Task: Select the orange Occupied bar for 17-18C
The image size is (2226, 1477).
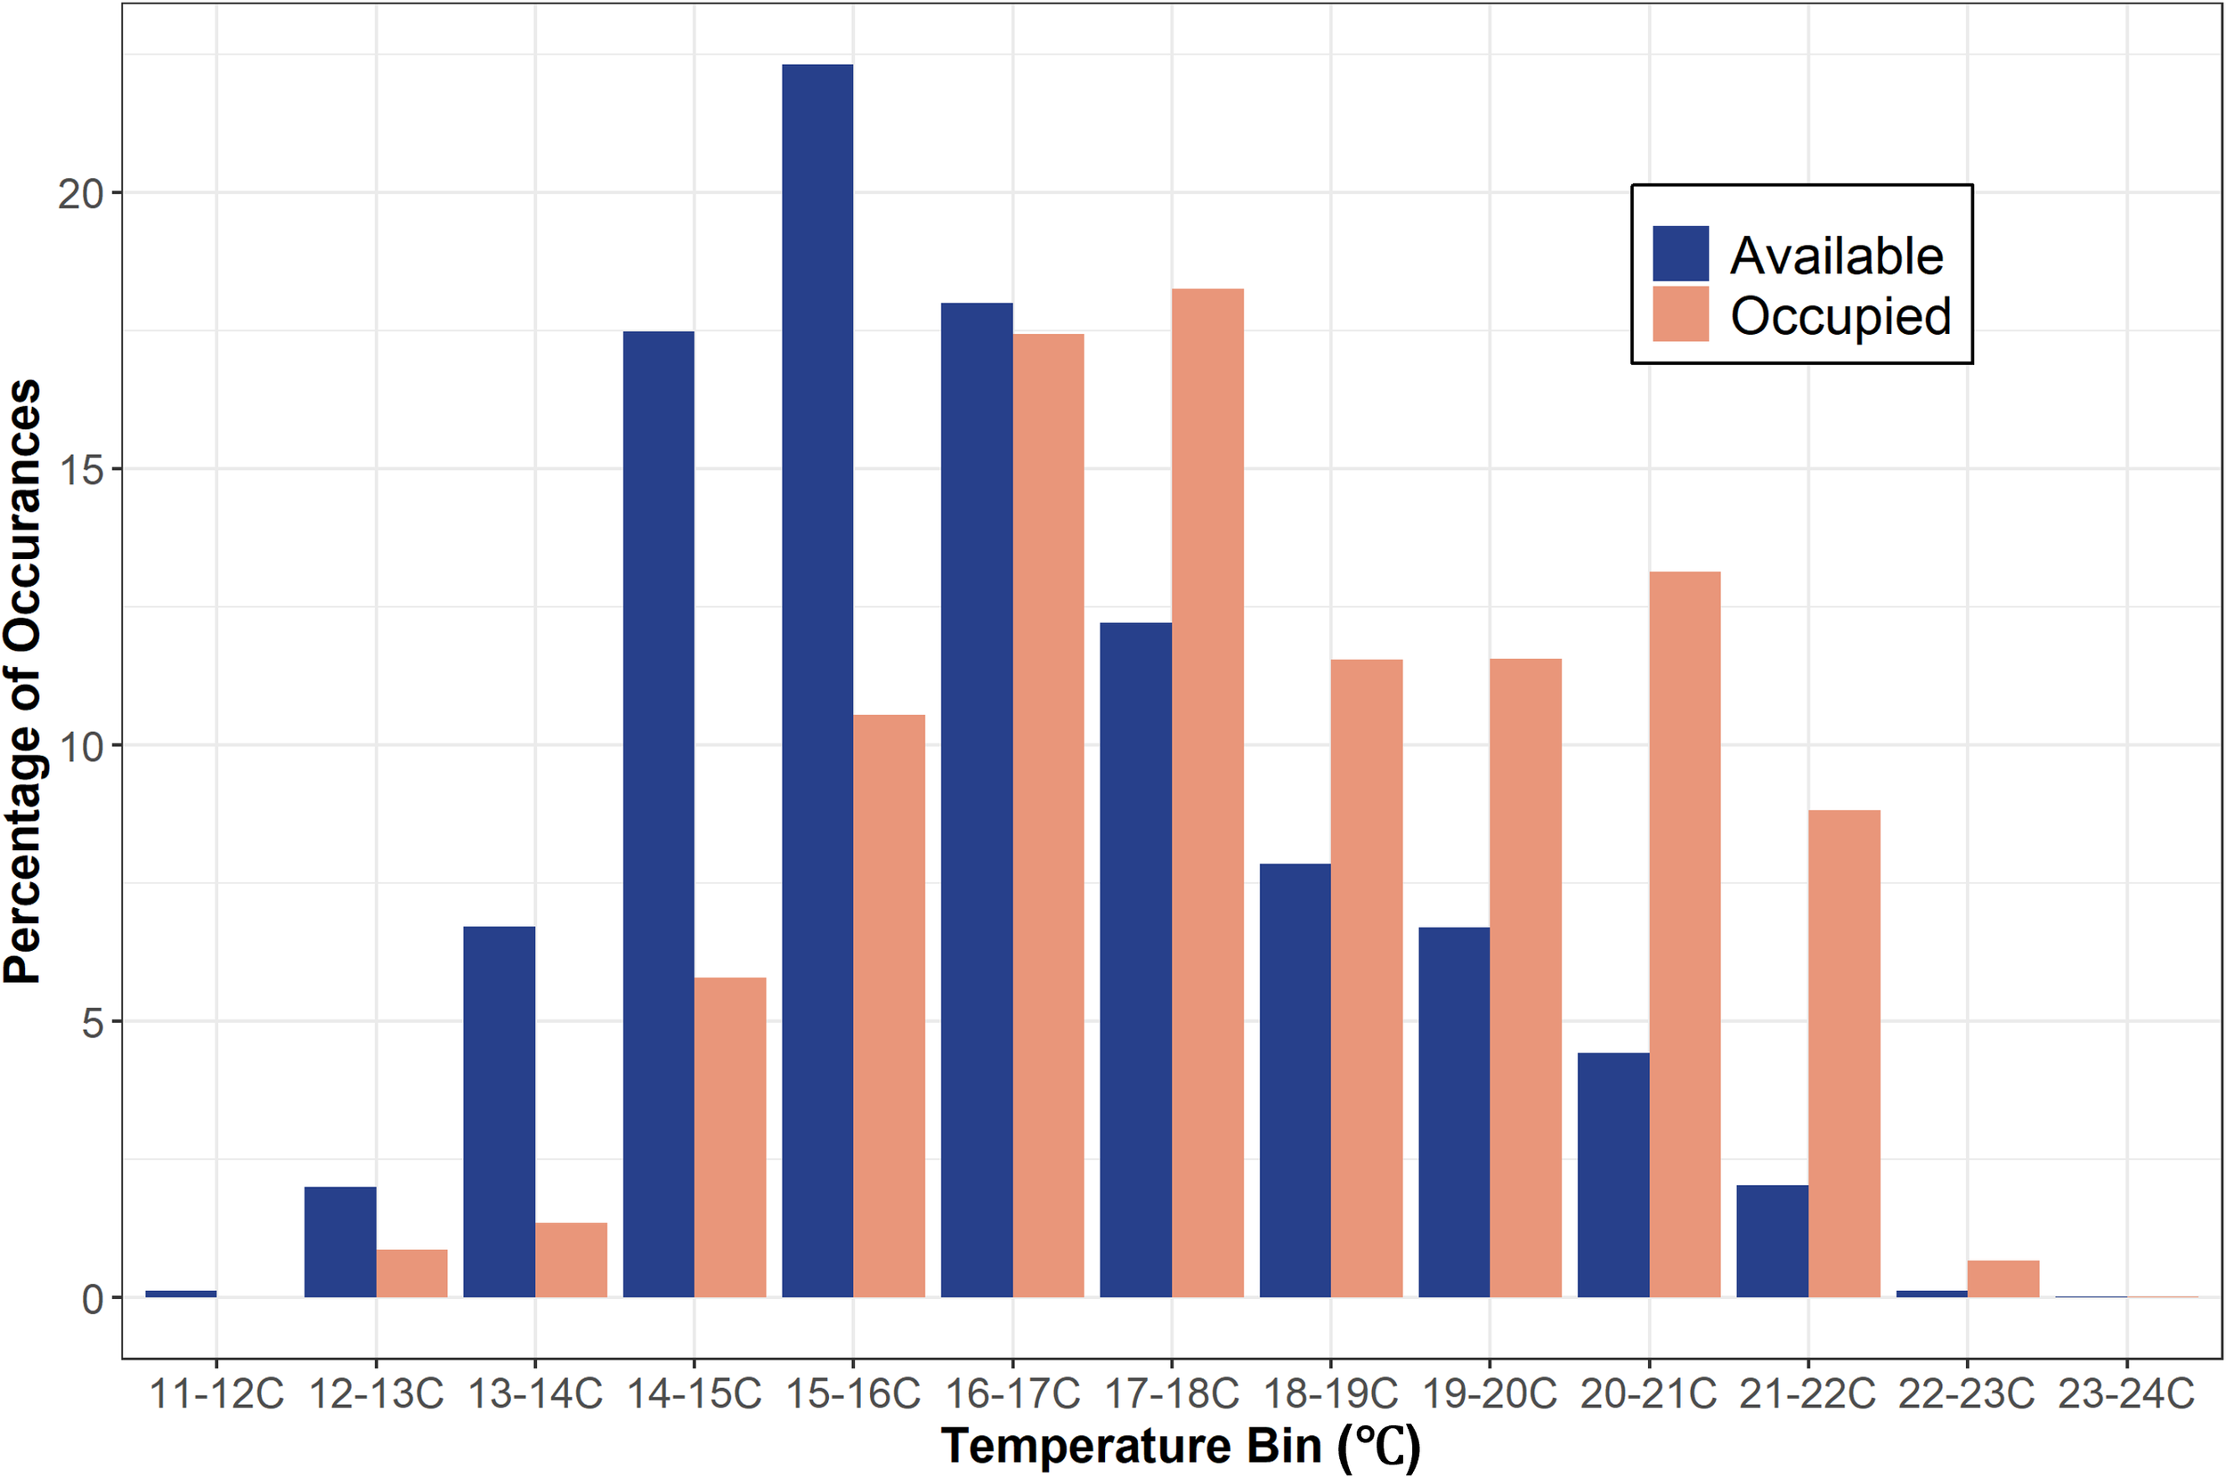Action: click(1206, 792)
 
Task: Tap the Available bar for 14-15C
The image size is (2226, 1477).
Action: click(659, 814)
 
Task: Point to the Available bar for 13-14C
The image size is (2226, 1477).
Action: click(500, 1111)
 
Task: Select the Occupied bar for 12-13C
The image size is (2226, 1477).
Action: click(411, 1272)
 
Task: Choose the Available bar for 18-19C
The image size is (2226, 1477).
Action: click(1295, 1081)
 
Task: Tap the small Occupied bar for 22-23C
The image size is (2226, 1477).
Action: click(2003, 1278)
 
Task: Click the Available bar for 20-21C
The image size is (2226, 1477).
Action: click(1613, 1174)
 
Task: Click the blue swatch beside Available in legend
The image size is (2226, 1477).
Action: click(1679, 254)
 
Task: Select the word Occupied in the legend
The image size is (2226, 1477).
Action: click(1840, 315)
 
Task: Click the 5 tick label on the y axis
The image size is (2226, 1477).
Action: click(92, 1023)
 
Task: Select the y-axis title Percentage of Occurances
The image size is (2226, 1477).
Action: click(22, 680)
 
